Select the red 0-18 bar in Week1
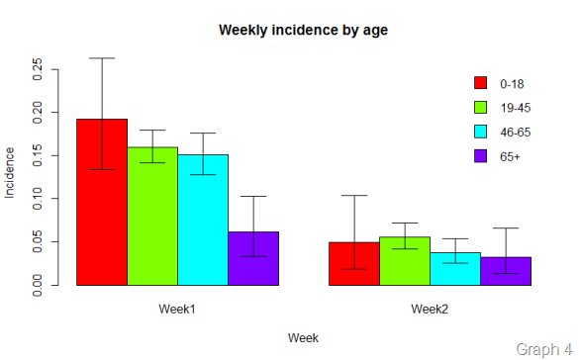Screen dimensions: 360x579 pos(102,203)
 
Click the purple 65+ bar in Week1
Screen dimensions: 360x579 pos(253,259)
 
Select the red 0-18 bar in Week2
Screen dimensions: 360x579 pos(354,264)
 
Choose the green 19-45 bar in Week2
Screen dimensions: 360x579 pos(405,261)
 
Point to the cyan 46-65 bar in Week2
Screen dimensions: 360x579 pos(455,269)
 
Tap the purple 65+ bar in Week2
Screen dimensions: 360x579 pos(506,271)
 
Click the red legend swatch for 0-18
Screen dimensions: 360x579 pos(481,82)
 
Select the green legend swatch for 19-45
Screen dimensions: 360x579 pos(481,107)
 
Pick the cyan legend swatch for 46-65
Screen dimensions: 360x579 pos(481,132)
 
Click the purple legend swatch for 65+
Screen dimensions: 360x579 pos(481,156)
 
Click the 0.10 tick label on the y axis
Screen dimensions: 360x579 pos(38,198)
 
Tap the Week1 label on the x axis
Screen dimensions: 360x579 pos(177,310)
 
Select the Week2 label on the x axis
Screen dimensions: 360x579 pos(430,310)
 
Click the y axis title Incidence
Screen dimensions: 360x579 pos(11,173)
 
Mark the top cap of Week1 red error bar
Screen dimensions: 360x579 pos(102,58)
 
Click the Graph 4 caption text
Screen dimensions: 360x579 pos(544,348)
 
